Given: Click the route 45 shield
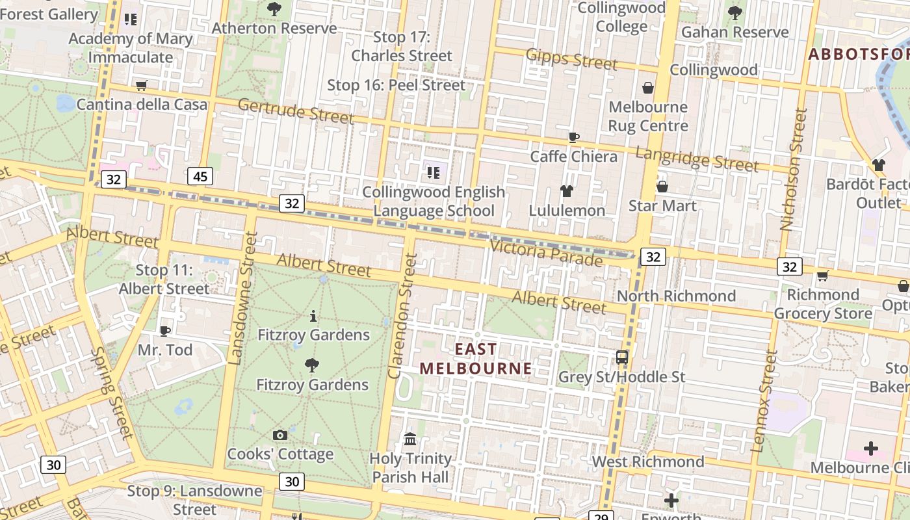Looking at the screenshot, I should pos(200,176).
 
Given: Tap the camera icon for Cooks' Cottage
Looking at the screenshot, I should pos(280,435).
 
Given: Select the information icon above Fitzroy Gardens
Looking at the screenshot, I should pos(313,317).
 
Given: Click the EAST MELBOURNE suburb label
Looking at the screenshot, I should pos(475,359).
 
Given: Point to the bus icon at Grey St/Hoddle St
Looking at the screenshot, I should pos(622,357).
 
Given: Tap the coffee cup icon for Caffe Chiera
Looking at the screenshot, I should pos(573,137).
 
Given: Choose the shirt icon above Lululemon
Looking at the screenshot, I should pos(567,191).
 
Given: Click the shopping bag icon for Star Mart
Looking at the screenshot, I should pos(662,187).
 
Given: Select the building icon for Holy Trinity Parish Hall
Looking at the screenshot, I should pos(410,439).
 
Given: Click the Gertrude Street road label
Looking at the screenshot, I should pos(296,110).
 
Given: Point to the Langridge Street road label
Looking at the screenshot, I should pos(697,159).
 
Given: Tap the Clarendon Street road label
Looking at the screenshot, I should pos(402,316).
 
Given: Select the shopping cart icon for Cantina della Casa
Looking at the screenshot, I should pos(141,85).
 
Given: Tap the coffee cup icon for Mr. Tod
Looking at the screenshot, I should pos(165,331).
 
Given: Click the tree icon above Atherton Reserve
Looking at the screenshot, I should pos(274,9).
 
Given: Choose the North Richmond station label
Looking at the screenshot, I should pos(676,296).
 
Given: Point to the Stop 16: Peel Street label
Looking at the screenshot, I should pos(396,85).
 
